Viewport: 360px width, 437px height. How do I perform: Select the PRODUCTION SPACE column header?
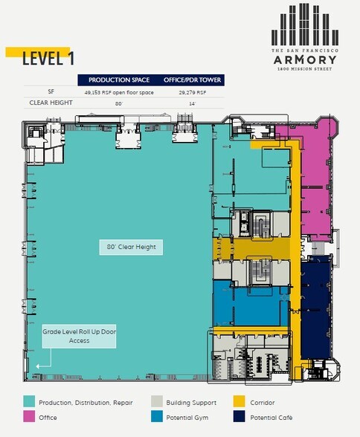click(118, 80)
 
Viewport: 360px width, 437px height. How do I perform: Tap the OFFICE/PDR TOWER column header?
click(191, 80)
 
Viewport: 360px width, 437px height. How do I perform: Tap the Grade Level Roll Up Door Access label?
click(79, 337)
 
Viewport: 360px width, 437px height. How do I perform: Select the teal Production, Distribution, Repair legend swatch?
click(29, 402)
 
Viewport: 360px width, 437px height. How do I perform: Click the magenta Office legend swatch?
click(29, 418)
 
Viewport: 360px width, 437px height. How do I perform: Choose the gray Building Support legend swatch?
click(156, 402)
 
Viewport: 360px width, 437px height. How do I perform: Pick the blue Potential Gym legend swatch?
click(156, 418)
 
